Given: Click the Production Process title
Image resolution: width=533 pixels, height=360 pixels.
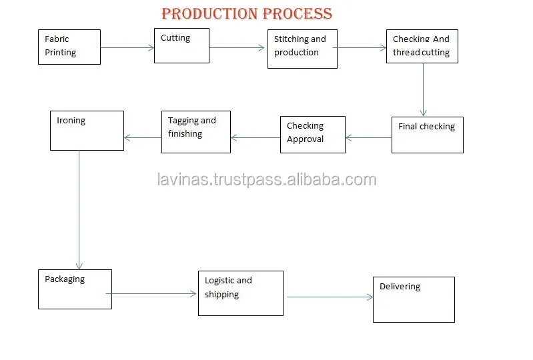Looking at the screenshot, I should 247,13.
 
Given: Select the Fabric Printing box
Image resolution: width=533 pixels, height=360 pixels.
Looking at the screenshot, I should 69,47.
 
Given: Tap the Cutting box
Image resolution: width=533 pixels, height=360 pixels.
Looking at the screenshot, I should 181,45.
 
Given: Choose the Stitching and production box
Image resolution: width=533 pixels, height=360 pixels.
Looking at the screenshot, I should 302,49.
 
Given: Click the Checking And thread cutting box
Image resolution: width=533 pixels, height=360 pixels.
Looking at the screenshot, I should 422,46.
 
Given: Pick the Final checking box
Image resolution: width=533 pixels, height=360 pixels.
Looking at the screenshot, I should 427,135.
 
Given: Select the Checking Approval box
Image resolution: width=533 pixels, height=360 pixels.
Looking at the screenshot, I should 312,134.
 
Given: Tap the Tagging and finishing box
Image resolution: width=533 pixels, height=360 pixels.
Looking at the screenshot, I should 196,131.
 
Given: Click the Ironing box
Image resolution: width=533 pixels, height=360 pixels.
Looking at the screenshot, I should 87,130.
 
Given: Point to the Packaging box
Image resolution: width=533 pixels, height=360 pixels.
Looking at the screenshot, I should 75,289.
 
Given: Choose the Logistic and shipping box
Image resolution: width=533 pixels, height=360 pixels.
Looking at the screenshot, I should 240,293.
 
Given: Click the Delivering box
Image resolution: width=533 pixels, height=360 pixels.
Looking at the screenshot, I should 414,299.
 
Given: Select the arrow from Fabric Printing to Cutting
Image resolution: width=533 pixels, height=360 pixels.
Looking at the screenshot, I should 127,47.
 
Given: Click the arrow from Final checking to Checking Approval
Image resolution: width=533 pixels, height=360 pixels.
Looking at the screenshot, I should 368,138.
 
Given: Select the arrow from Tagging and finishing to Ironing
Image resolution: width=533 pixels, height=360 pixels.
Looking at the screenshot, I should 143,138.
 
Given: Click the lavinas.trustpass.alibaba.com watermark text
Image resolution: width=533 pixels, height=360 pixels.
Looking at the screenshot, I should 266,179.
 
